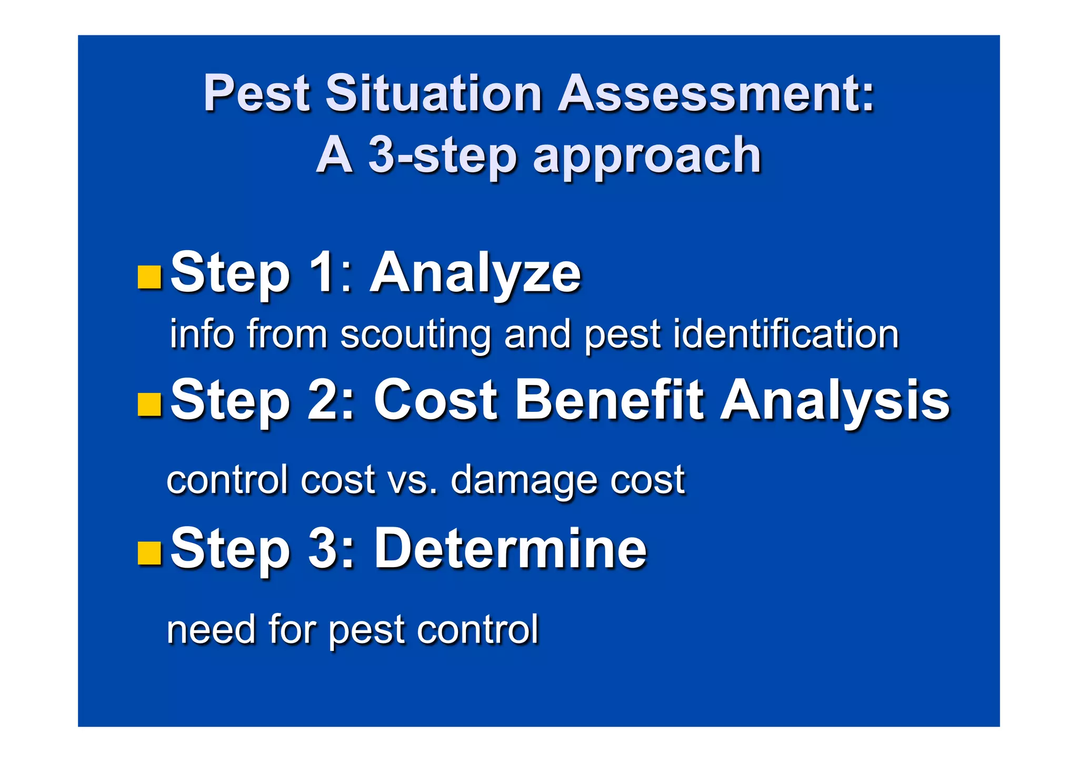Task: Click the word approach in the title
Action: click(647, 156)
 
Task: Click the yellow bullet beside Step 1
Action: click(149, 277)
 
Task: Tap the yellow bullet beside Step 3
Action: click(149, 552)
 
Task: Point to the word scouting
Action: click(415, 335)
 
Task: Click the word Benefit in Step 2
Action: click(609, 400)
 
